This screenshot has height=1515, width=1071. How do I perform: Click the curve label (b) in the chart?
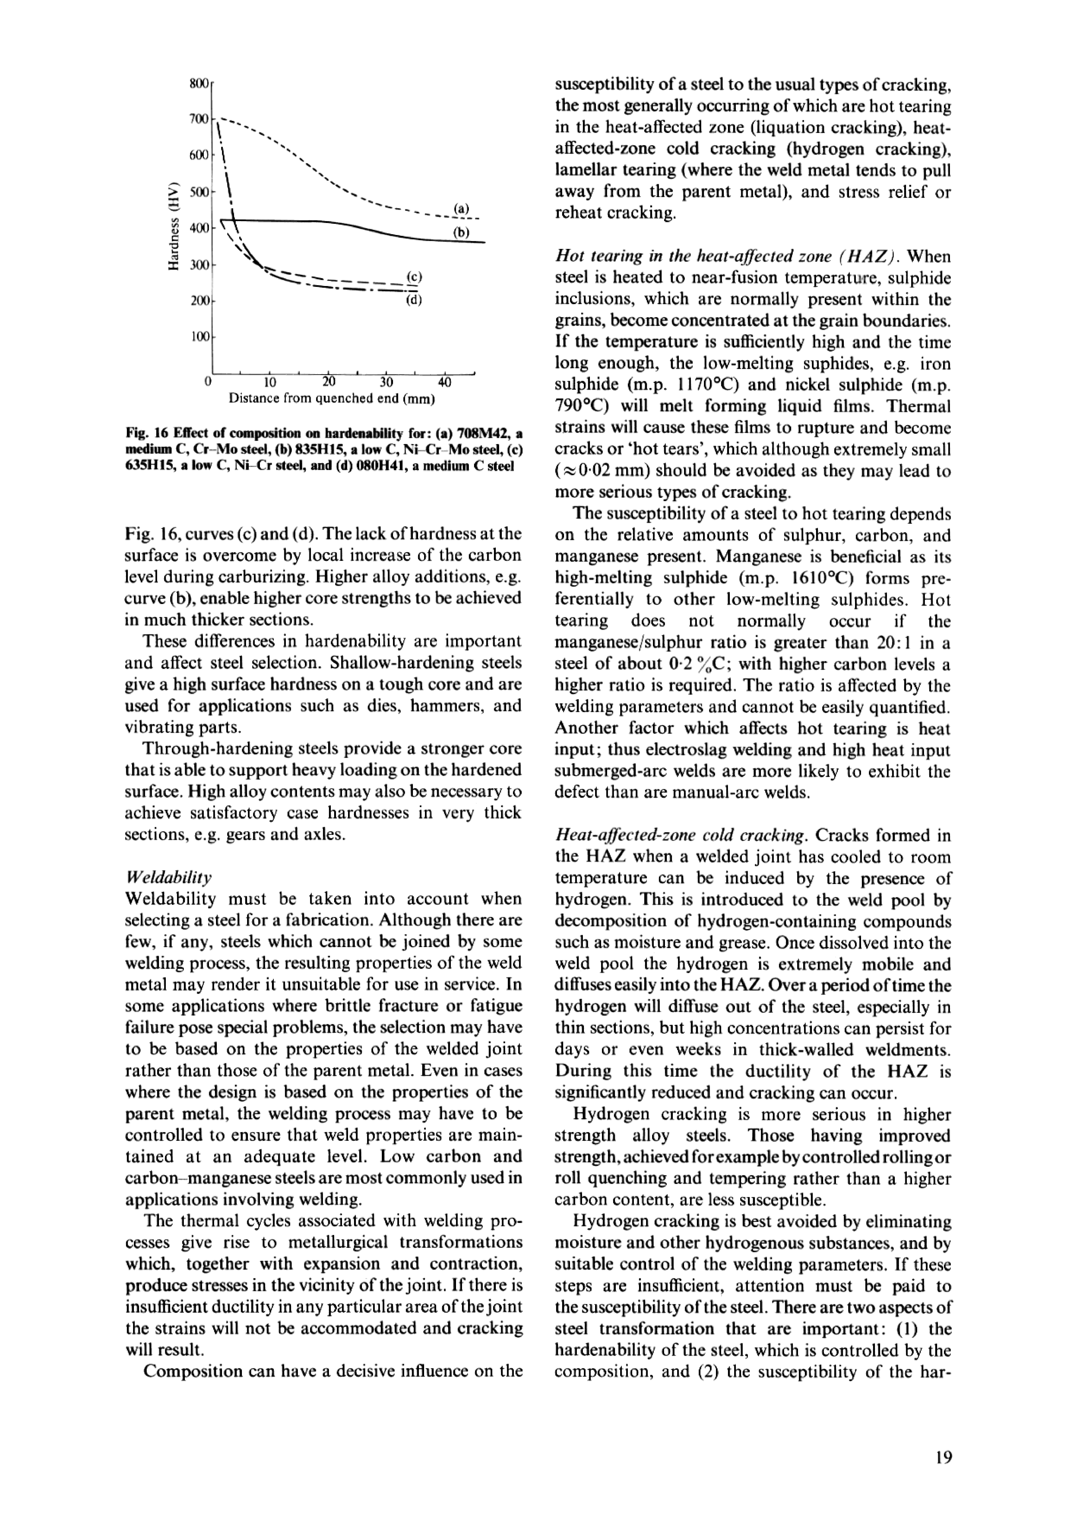[x=461, y=232]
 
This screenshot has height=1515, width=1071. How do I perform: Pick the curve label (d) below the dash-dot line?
[x=414, y=301]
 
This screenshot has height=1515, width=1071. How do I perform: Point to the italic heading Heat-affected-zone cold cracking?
[x=680, y=836]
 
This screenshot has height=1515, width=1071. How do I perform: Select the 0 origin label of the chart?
[x=208, y=382]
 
